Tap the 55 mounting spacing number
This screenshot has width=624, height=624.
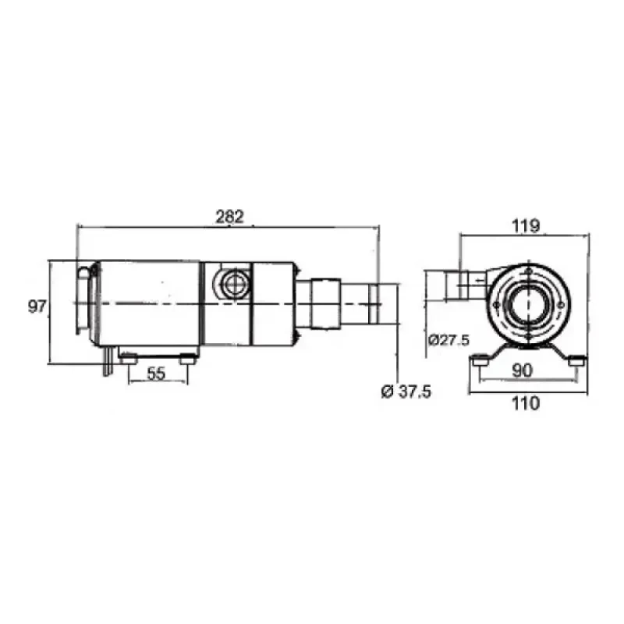point(156,374)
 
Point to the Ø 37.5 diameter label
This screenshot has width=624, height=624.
point(406,392)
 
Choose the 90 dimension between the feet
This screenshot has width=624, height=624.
point(523,372)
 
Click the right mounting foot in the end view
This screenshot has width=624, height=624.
point(575,358)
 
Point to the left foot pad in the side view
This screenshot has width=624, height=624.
point(128,358)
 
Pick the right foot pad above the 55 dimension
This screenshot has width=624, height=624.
point(187,358)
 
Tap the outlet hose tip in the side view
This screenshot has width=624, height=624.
point(385,305)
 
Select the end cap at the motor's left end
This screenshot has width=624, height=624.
point(84,300)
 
